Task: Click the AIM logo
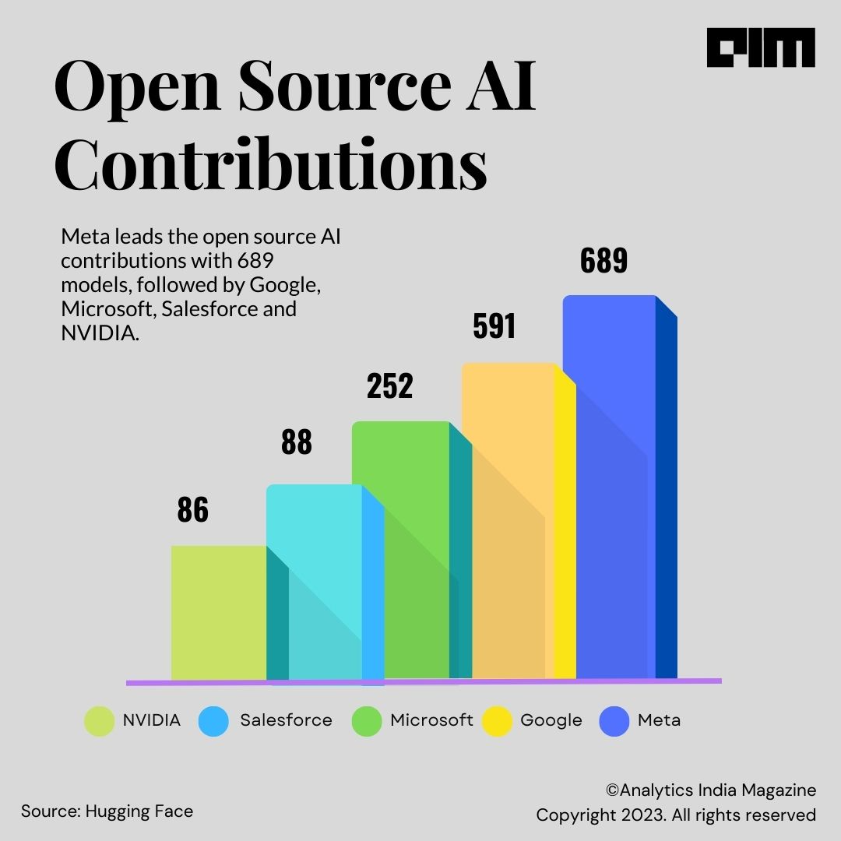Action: pyautogui.click(x=761, y=48)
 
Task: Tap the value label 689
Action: pyautogui.click(x=603, y=262)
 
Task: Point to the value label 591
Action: pyautogui.click(x=494, y=326)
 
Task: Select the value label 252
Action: pyautogui.click(x=390, y=387)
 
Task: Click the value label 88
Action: pyautogui.click(x=296, y=442)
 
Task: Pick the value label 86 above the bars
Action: pyautogui.click(x=192, y=510)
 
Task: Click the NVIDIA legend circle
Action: pyautogui.click(x=99, y=721)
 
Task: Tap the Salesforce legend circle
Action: pyautogui.click(x=214, y=721)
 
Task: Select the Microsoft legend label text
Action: pyautogui.click(x=431, y=720)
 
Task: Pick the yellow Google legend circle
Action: pyautogui.click(x=499, y=721)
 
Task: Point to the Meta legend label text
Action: pyautogui.click(x=659, y=720)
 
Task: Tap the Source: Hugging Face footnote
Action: pyautogui.click(x=107, y=811)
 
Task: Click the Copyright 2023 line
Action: pyautogui.click(x=675, y=815)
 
